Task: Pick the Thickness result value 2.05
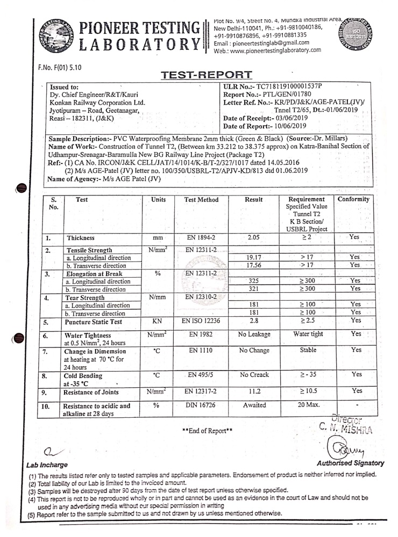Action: click(253, 237)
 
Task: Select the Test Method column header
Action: click(201, 200)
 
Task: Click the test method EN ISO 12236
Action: click(201, 320)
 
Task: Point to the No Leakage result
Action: click(253, 334)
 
